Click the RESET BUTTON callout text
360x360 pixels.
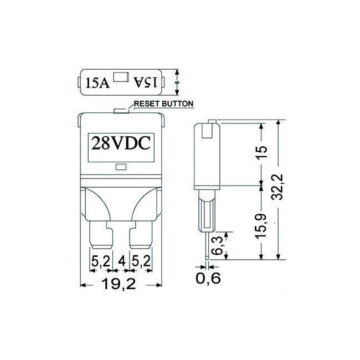[163, 104]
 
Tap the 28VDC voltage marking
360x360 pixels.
[121, 143]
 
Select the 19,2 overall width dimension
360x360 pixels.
[119, 284]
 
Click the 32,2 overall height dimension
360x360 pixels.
[279, 187]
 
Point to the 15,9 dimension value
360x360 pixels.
[261, 226]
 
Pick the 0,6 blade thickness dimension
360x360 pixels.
[208, 278]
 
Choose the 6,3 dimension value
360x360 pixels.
[218, 245]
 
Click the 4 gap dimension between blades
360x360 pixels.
[121, 261]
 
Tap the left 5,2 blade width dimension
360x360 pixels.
[101, 261]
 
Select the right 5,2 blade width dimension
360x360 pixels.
[141, 261]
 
